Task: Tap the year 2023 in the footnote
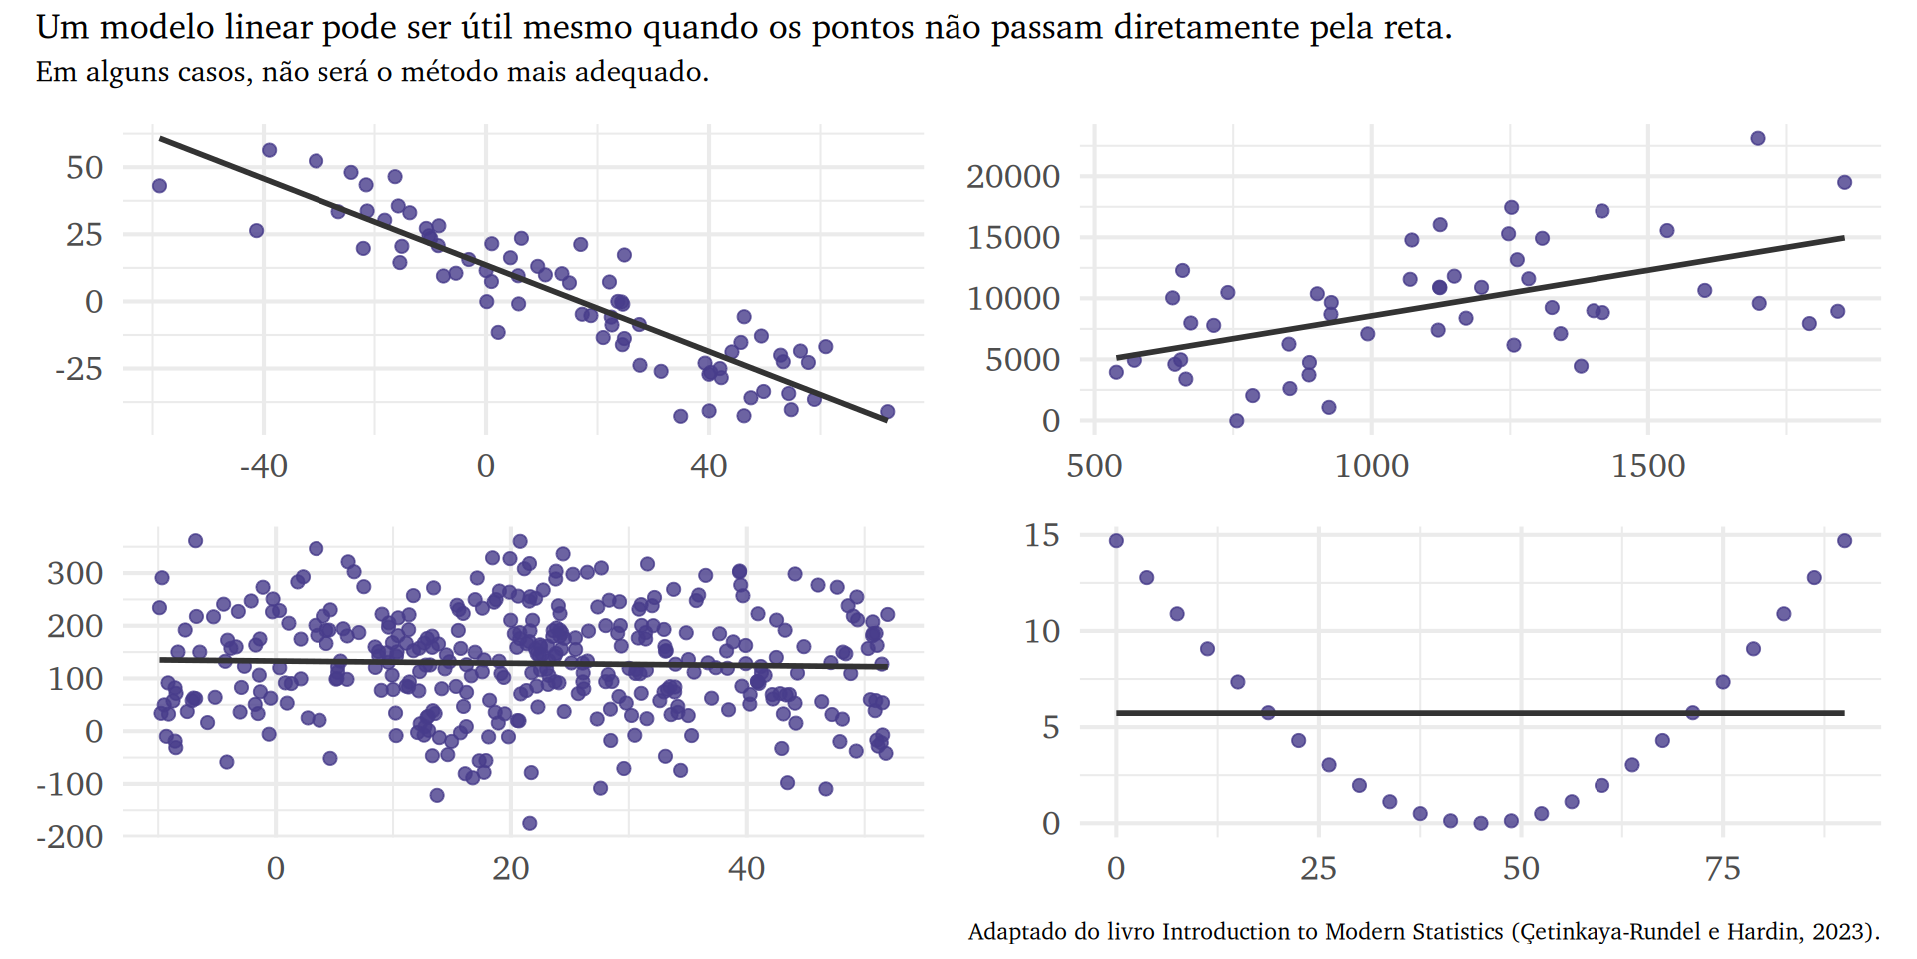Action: click(x=1842, y=932)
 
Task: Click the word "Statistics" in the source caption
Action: click(x=1457, y=932)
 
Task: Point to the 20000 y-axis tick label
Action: click(x=1012, y=177)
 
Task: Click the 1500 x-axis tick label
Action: click(x=1647, y=466)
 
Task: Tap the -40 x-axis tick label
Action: click(x=263, y=466)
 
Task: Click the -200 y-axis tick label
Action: click(x=69, y=837)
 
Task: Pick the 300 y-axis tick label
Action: click(x=75, y=574)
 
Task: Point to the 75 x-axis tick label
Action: click(x=1722, y=869)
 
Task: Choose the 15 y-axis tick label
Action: click(x=1041, y=536)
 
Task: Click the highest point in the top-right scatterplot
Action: click(x=1758, y=138)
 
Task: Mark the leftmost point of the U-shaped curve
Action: click(x=1116, y=541)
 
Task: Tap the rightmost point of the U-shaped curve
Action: click(x=1844, y=541)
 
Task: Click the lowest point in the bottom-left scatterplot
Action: click(x=529, y=823)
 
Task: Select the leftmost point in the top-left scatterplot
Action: click(x=159, y=186)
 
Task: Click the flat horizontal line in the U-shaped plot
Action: click(x=1478, y=713)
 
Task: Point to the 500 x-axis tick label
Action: click(x=1094, y=466)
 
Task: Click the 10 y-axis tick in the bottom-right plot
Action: click(x=1041, y=632)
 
